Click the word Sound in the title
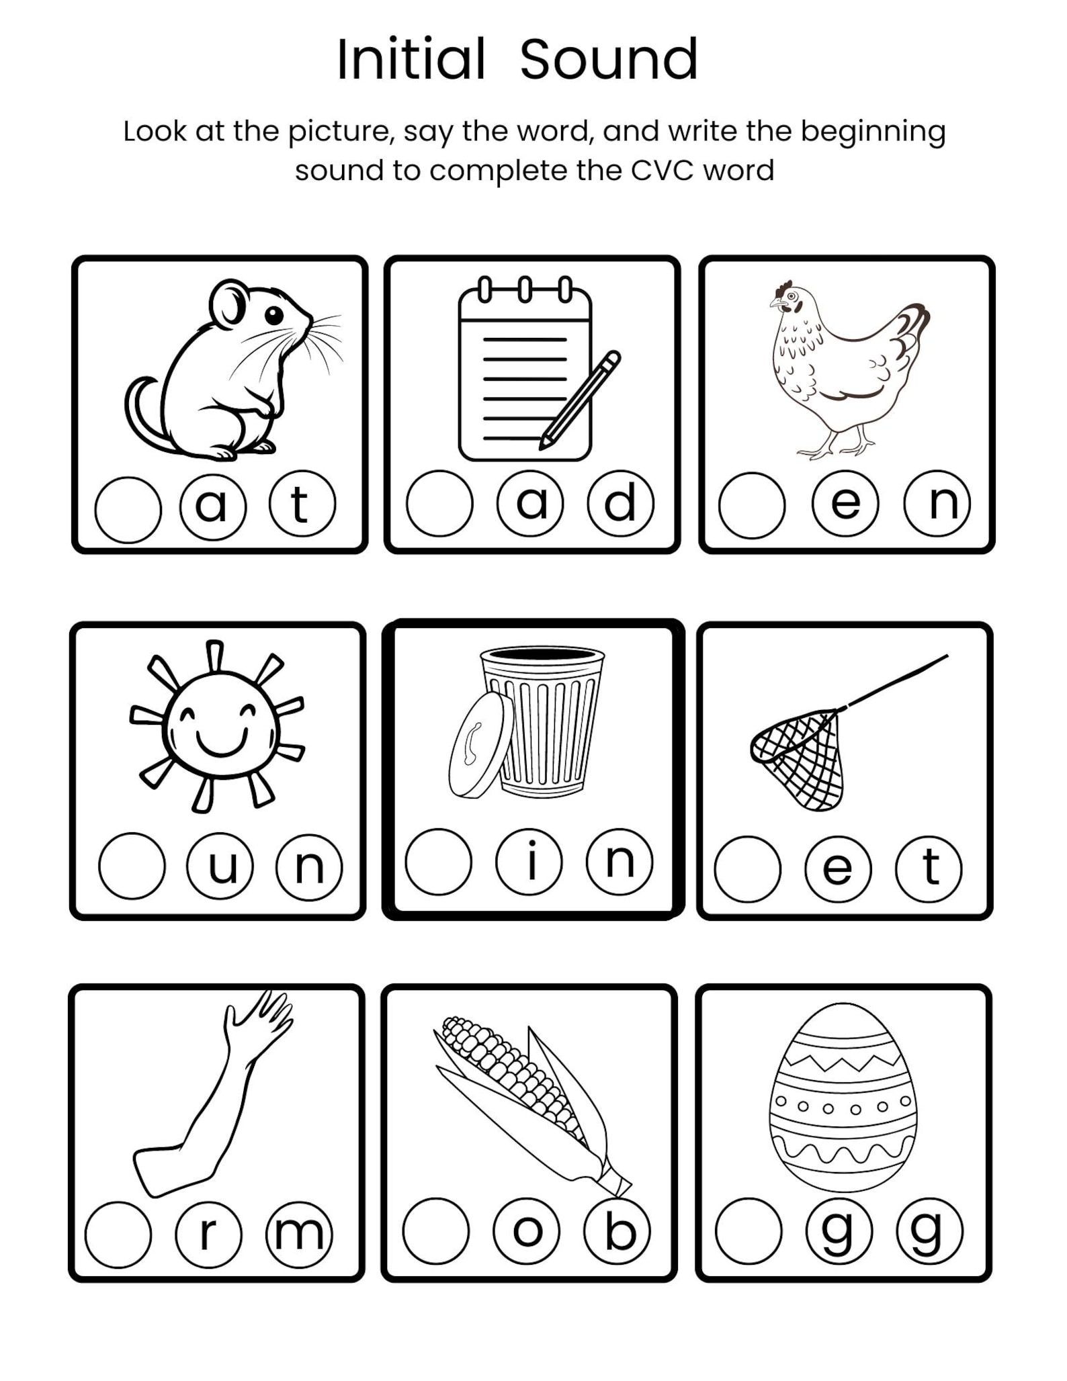coord(609,60)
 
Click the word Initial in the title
coord(411,60)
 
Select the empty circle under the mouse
coord(128,510)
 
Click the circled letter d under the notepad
coord(620,503)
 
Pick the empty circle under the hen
coord(751,505)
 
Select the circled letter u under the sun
coord(220,866)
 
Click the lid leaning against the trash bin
coord(480,745)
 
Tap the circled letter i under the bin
coord(529,862)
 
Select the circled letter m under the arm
coord(299,1234)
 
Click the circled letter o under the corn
coord(527,1231)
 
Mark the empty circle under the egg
coord(749,1231)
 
